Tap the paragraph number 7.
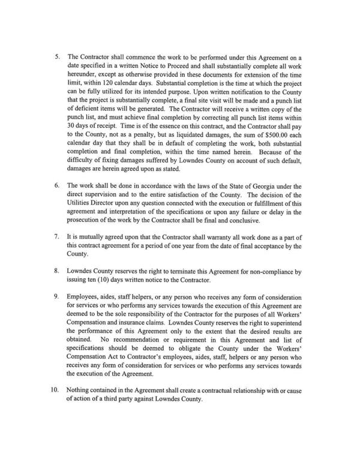57,237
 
